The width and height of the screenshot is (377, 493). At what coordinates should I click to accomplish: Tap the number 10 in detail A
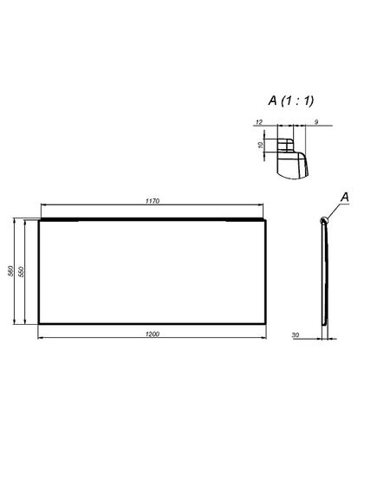261,146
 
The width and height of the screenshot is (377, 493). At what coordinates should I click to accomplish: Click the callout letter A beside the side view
344,198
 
